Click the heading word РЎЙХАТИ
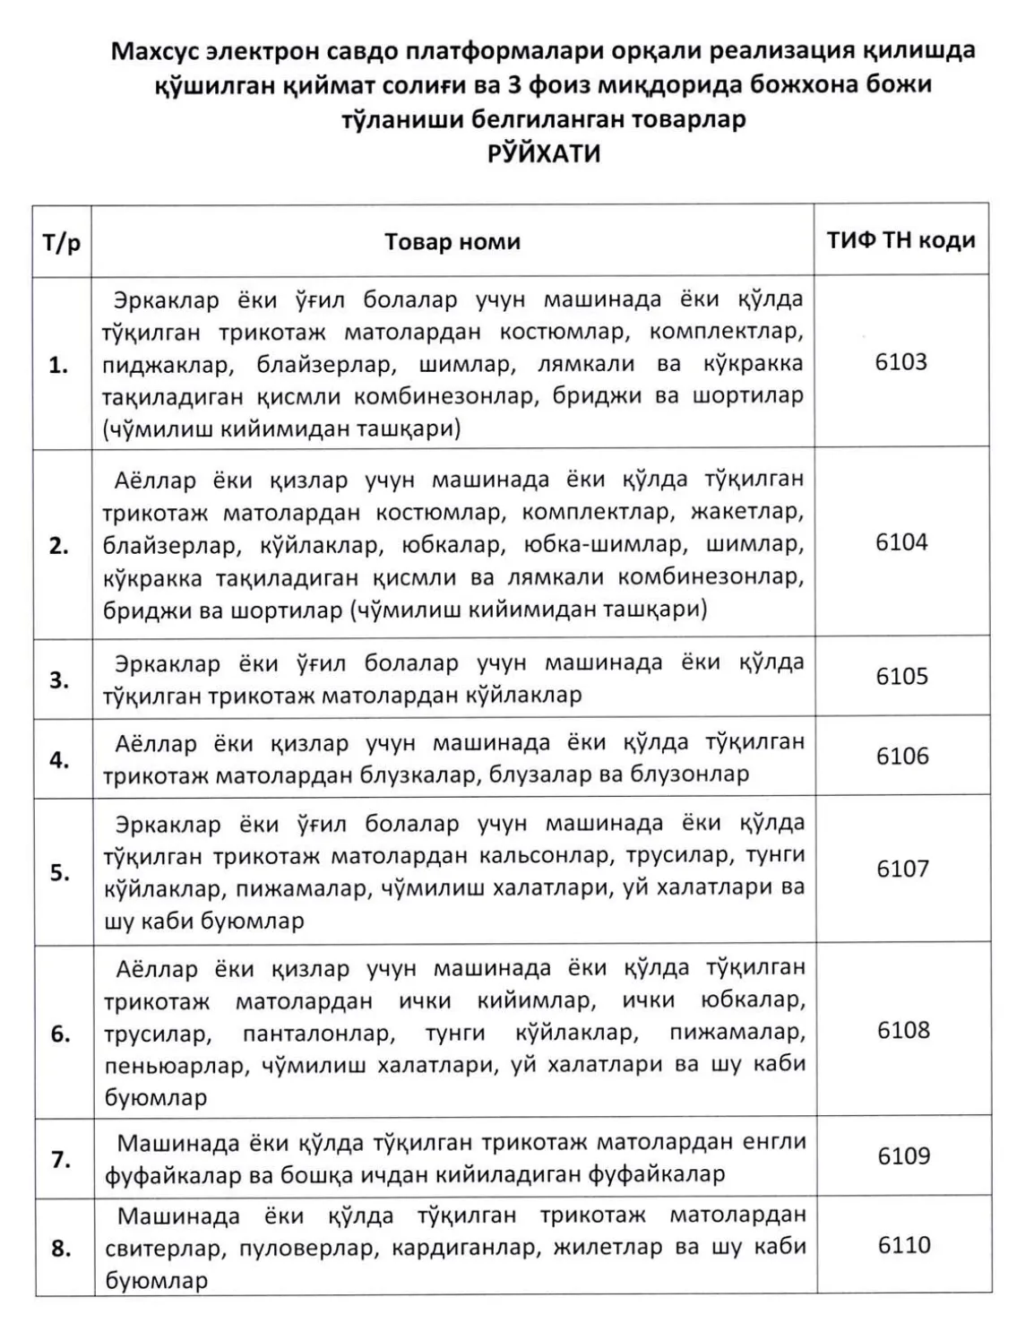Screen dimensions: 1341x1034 (x=543, y=154)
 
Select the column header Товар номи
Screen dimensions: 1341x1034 (x=452, y=242)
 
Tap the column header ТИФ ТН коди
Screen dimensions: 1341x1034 (x=900, y=240)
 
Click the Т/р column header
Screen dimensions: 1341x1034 (x=62, y=242)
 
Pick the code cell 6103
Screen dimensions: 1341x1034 (x=900, y=362)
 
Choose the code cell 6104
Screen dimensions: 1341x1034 (x=901, y=542)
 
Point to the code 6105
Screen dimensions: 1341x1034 (x=902, y=676)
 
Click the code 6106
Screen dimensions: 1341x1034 (x=902, y=756)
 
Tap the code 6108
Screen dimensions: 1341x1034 (x=903, y=1030)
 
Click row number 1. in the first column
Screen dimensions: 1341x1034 (x=59, y=365)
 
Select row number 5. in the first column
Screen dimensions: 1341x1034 (x=60, y=872)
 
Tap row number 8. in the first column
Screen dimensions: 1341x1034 (x=61, y=1248)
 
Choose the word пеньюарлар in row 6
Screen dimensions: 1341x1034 (x=177, y=1066)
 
